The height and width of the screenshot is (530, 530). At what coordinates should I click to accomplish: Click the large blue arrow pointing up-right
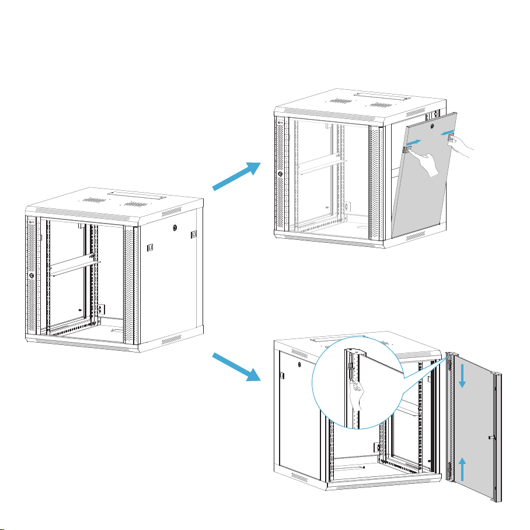pyautogui.click(x=236, y=176)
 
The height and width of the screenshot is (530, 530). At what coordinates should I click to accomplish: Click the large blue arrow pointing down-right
pyautogui.click(x=236, y=367)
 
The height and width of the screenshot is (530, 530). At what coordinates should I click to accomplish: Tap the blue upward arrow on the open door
pyautogui.click(x=462, y=469)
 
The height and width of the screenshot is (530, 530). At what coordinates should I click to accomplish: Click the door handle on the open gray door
pyautogui.click(x=492, y=437)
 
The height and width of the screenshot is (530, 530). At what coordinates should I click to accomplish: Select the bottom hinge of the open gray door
pyautogui.click(x=449, y=467)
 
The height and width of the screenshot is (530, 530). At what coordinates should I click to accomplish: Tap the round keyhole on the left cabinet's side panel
pyautogui.click(x=174, y=227)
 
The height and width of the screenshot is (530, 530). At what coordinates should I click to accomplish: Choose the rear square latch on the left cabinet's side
pyautogui.click(x=194, y=234)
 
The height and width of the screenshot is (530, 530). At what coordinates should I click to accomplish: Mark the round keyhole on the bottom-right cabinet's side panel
pyautogui.click(x=298, y=366)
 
